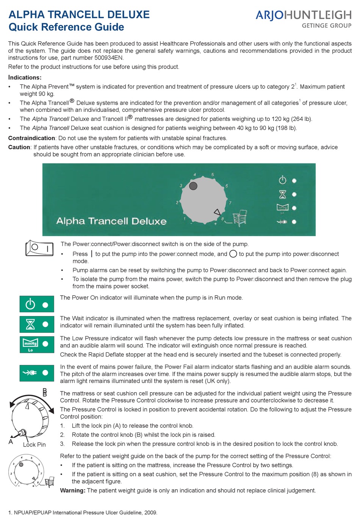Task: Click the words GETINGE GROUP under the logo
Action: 326,26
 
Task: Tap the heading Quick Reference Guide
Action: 66,27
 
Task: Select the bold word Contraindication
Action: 32,138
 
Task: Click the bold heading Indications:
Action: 25,78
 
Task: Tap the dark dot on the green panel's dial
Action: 193,186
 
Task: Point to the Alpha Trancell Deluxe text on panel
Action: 111,221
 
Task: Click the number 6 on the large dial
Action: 227,186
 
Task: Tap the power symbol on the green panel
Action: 282,180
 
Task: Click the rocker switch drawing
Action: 39,248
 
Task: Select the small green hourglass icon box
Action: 37,324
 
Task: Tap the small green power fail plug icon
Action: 37,373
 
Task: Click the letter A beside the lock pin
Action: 11,442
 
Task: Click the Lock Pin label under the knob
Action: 34,445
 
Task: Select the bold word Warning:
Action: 73,491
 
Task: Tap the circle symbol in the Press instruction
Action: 233,254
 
